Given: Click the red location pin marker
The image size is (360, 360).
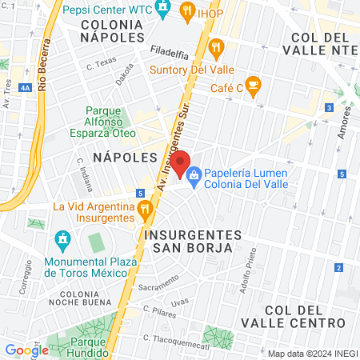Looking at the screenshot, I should pos(181,163).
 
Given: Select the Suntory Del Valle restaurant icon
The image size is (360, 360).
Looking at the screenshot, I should pos(215,50).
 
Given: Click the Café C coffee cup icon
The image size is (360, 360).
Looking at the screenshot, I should pos(254,85).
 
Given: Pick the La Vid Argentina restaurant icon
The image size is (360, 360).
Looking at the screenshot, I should pos(144,212).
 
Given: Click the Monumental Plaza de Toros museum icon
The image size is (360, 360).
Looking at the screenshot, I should pos(62,239).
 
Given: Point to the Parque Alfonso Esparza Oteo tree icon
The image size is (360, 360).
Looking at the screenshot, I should pos(93,114).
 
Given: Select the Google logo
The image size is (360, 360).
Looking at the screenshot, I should pos(26,350).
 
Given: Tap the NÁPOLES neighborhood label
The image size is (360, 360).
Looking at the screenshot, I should pos(119,157).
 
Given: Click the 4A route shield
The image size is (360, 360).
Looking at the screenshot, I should pos(26,86).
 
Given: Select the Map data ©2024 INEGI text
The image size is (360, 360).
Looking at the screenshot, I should pos(312,353).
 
